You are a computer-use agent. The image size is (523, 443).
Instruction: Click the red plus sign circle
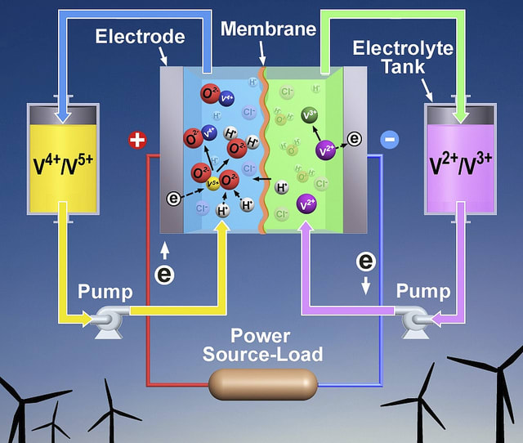click(x=137, y=141)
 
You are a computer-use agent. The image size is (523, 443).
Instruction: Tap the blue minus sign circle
click(x=390, y=141)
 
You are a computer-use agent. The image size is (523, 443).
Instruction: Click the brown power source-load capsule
click(x=262, y=383)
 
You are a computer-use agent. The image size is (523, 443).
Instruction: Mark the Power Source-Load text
click(x=262, y=346)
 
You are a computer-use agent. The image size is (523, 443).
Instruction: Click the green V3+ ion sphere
click(x=311, y=115)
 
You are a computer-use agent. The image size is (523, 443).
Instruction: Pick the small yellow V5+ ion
click(x=212, y=183)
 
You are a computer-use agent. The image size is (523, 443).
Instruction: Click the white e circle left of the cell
click(x=164, y=274)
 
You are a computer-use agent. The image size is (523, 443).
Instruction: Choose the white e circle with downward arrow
click(x=366, y=262)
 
